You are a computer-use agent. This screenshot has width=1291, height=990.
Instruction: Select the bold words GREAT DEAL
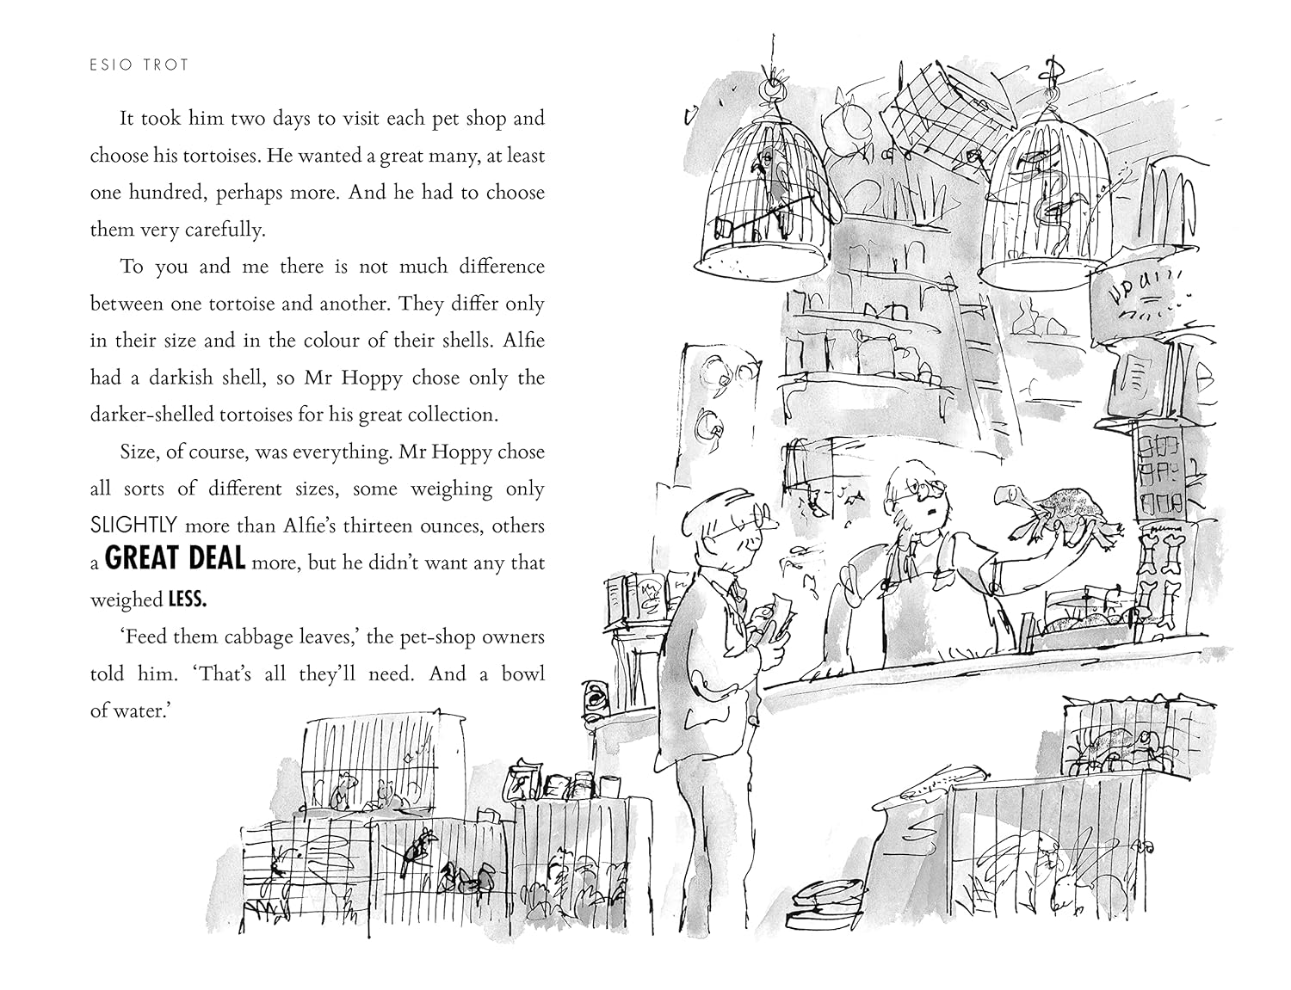click(175, 559)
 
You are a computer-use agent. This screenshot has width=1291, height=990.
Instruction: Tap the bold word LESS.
click(187, 600)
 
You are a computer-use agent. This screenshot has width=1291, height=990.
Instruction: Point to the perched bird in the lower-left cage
click(416, 847)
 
